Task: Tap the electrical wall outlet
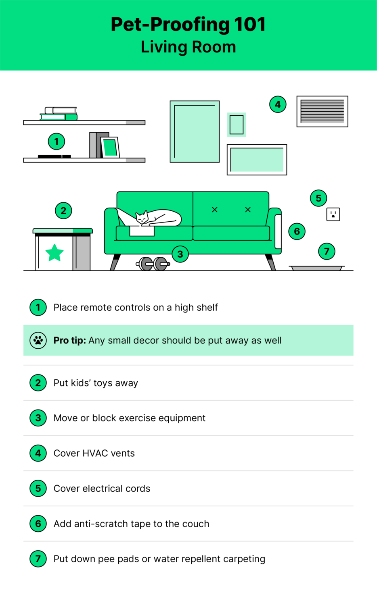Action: point(333,214)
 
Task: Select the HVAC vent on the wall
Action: point(322,111)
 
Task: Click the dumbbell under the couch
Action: point(153,264)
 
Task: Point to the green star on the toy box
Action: point(54,253)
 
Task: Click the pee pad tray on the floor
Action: point(316,268)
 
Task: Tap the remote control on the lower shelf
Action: point(54,156)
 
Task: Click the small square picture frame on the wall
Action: point(237,125)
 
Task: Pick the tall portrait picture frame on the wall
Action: point(195,131)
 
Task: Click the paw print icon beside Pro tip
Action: point(38,341)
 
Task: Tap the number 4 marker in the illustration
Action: point(278,104)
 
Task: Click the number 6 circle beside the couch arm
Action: point(297,231)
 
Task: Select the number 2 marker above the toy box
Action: point(63,210)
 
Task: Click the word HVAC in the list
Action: point(95,453)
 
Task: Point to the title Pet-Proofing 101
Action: point(188,24)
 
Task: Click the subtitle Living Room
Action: point(188,47)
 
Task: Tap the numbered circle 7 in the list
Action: point(38,559)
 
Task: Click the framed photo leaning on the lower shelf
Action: point(110,148)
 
